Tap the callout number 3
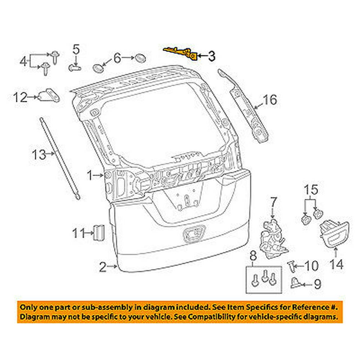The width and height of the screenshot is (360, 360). click(x=211, y=56)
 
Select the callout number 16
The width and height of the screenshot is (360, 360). click(x=270, y=100)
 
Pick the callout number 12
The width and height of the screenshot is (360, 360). click(x=21, y=97)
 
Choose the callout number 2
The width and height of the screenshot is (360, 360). click(x=103, y=267)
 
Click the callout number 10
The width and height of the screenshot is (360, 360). click(x=311, y=266)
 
